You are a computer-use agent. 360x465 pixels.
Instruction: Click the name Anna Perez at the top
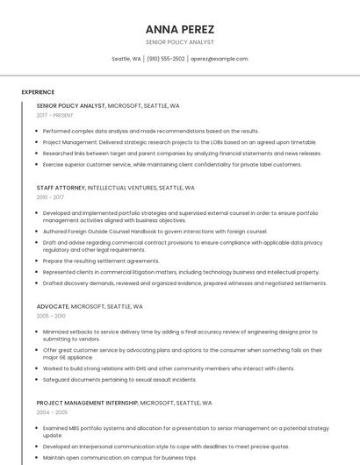click(179, 29)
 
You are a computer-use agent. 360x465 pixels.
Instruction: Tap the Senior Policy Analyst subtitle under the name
click(179, 42)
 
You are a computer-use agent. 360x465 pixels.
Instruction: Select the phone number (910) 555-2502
click(165, 59)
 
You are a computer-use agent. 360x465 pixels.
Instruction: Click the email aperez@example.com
click(219, 59)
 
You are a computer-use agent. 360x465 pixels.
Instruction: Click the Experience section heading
click(38, 91)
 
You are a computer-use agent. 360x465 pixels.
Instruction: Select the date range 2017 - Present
click(55, 116)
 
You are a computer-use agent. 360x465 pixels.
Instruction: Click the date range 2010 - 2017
click(51, 198)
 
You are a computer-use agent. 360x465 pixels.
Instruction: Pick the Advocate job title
click(52, 306)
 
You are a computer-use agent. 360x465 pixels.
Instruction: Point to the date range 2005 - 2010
click(51, 316)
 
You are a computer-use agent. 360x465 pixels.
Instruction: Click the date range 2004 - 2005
click(52, 412)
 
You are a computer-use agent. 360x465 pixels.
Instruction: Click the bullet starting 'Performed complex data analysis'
click(150, 131)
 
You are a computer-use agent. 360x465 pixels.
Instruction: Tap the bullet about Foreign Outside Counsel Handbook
click(155, 232)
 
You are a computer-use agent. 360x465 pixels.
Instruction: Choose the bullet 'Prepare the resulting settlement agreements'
click(101, 261)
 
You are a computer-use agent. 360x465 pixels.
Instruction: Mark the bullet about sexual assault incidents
click(119, 380)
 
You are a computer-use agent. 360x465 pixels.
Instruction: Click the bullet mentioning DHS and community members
click(169, 368)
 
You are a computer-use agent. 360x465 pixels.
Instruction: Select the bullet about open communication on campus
click(119, 458)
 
